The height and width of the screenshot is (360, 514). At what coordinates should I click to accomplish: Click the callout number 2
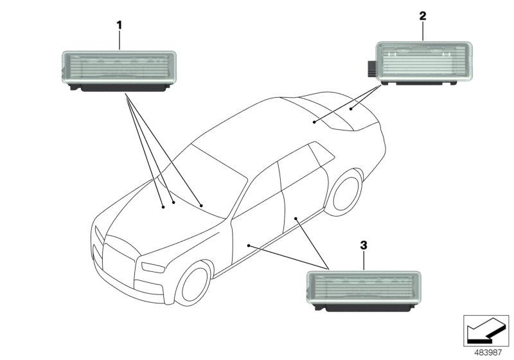[422, 15]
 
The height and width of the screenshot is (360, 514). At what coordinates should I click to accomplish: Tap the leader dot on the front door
[249, 246]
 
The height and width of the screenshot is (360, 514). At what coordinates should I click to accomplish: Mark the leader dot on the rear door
[296, 219]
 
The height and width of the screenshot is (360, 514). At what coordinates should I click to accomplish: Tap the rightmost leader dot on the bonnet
[201, 205]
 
